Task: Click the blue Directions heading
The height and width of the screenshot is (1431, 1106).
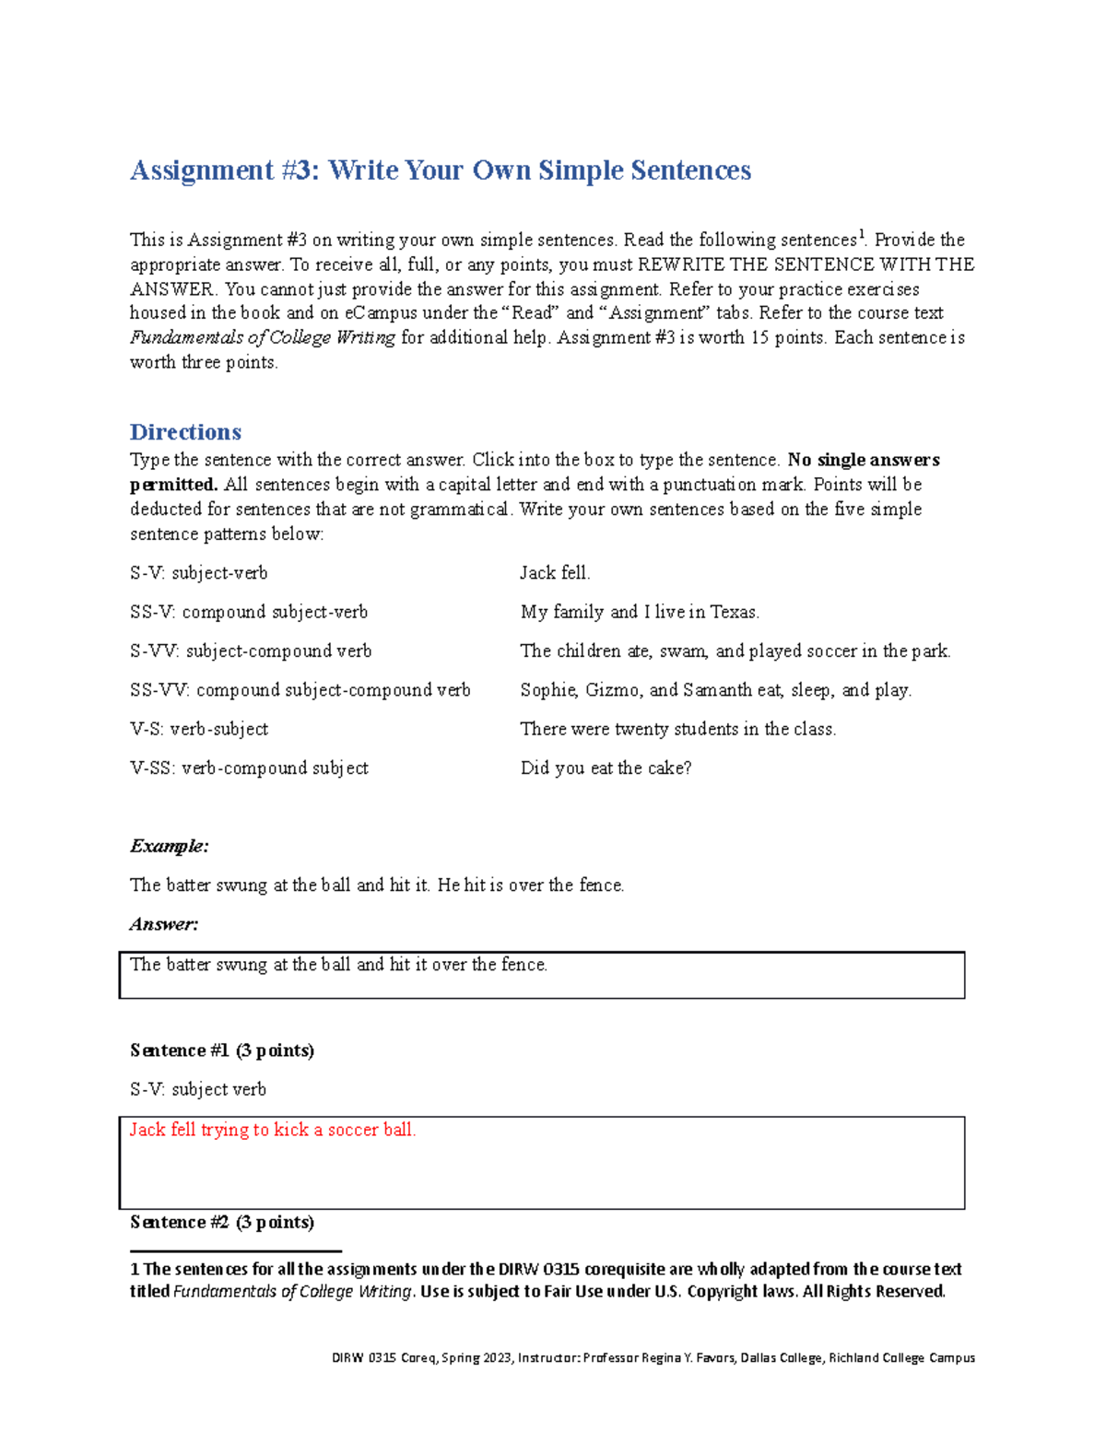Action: coord(185,432)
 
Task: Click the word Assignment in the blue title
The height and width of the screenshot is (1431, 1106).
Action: coord(202,170)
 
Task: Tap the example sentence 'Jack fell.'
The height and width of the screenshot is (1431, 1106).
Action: coord(555,573)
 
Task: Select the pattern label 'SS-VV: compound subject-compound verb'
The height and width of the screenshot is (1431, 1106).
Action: coord(300,690)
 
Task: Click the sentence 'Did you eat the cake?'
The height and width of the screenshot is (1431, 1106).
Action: coord(606,768)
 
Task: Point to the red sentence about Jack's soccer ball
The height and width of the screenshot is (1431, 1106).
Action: coord(273,1130)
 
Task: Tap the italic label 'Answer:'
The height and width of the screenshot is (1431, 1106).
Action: coord(164,924)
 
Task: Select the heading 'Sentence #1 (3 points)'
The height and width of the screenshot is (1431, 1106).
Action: coord(222,1050)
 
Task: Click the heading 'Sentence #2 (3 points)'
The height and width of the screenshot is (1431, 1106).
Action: coord(222,1223)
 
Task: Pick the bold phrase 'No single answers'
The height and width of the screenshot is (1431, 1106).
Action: coord(864,460)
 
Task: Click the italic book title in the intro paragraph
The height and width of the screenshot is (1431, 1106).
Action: coord(263,338)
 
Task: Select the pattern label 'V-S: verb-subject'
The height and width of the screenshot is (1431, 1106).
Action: coord(199,730)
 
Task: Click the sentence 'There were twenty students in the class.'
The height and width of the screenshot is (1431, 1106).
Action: coord(678,730)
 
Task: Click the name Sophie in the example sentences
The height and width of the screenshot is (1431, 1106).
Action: coord(548,690)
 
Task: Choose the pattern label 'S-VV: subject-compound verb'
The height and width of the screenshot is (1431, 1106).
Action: coord(251,651)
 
